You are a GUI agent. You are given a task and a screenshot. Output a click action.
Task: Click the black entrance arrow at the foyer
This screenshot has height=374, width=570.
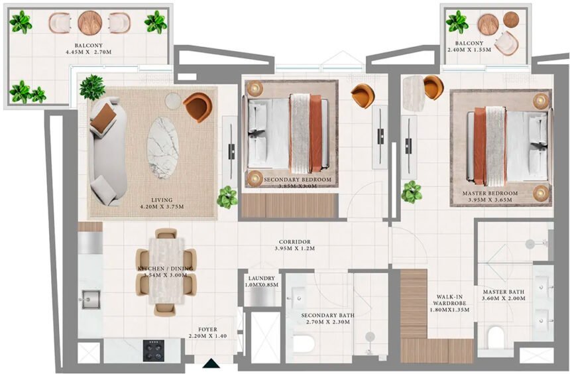point(211,363)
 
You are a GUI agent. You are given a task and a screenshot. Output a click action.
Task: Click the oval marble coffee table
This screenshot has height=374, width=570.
point(162,147)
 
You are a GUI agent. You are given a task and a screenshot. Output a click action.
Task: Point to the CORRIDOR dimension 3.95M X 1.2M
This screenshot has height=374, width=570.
point(295,249)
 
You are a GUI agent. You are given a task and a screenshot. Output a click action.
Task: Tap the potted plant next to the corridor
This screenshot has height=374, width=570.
point(227,196)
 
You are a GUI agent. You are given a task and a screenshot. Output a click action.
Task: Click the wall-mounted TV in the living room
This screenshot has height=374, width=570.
point(231,151)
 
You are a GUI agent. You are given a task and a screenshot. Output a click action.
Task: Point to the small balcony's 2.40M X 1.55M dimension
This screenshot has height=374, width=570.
point(486,50)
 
